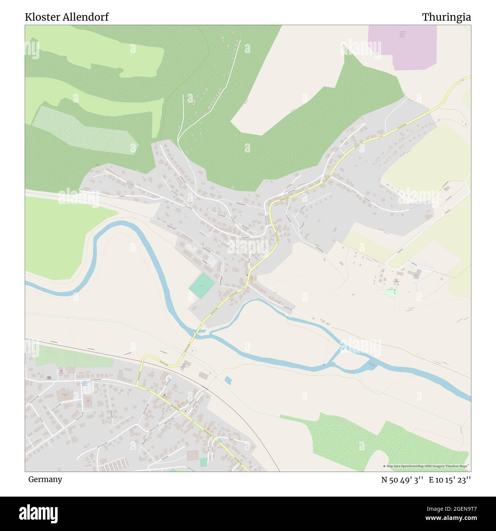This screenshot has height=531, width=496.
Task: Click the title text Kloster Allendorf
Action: [67, 17]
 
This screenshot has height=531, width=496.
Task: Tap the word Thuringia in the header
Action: [446, 17]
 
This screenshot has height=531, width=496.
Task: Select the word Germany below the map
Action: [45, 479]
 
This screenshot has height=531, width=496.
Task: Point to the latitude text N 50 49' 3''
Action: [403, 480]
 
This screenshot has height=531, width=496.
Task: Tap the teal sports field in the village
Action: [202, 286]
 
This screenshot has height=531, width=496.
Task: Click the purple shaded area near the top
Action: [403, 48]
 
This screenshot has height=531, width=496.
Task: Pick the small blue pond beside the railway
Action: [228, 380]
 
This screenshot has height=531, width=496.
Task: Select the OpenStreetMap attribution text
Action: [427, 466]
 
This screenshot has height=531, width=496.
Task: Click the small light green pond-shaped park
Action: [390, 293]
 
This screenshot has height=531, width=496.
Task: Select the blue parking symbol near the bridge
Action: [192, 351]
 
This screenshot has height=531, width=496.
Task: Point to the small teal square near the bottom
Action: [204, 462]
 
